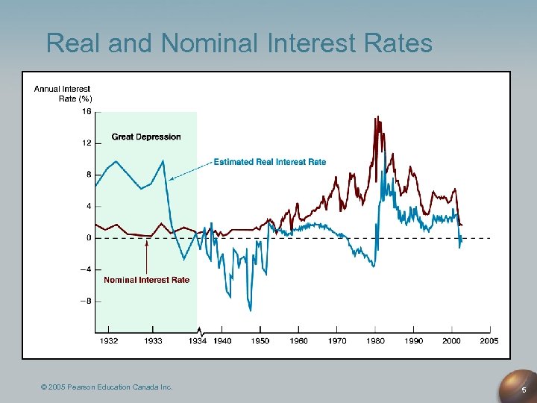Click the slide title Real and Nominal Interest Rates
click(x=239, y=43)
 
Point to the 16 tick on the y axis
click(x=87, y=112)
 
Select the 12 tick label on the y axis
click(x=87, y=143)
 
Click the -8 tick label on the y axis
click(x=85, y=302)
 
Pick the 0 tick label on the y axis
click(x=89, y=238)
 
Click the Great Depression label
click(x=146, y=137)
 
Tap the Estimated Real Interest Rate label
click(x=270, y=162)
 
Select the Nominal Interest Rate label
click(x=146, y=280)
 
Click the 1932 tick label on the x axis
click(x=109, y=341)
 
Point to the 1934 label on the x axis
click(x=197, y=341)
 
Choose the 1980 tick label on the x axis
click(x=375, y=341)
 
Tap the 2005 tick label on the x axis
click(x=489, y=341)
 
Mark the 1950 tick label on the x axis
click(x=261, y=341)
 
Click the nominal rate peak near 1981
click(x=377, y=117)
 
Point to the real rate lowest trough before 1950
click(x=251, y=310)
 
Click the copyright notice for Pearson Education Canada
click(x=107, y=387)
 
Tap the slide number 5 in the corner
click(x=524, y=390)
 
